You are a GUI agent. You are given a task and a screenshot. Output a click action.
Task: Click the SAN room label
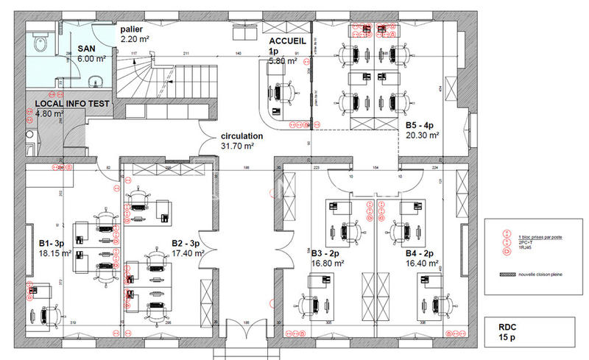point(87,48)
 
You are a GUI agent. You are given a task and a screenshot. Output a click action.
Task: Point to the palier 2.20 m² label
point(135,32)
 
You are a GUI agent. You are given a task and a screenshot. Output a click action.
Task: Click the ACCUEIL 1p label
point(284,46)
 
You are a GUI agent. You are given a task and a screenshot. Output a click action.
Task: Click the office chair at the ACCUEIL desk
point(283,91)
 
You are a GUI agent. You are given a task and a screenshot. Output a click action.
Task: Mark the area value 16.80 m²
point(328,262)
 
